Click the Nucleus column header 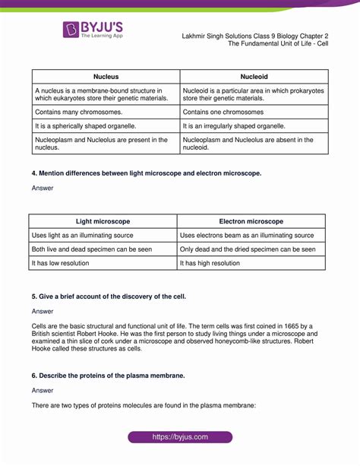[x=106, y=77]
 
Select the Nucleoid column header [x=254, y=77]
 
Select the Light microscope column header [x=103, y=221]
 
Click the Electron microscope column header [x=251, y=221]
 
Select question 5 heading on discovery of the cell [x=108, y=295]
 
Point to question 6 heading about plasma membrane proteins [x=107, y=376]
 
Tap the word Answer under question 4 [x=43, y=188]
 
